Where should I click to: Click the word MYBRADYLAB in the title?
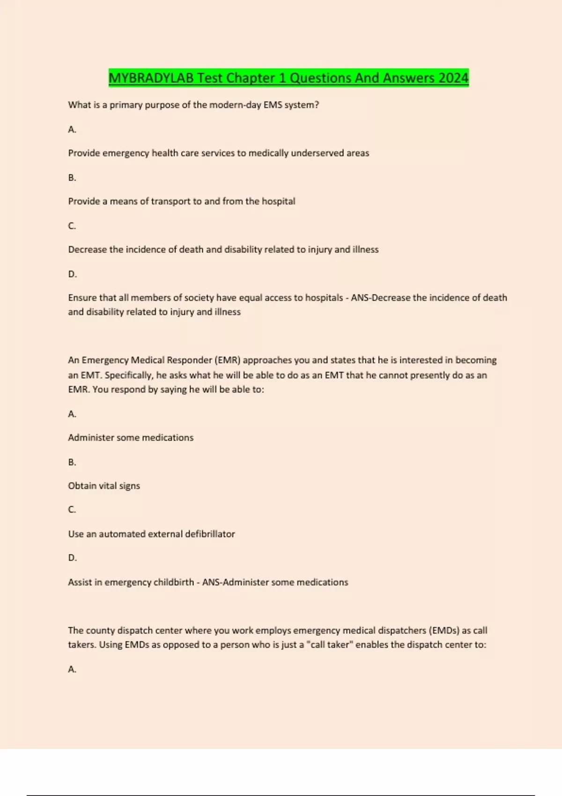click(151, 78)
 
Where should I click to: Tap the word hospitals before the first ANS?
click(324, 298)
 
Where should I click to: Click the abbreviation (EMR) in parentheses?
click(228, 360)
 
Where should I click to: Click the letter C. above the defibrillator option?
click(72, 509)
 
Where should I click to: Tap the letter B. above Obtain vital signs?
click(72, 462)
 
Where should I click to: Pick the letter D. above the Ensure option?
click(73, 274)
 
